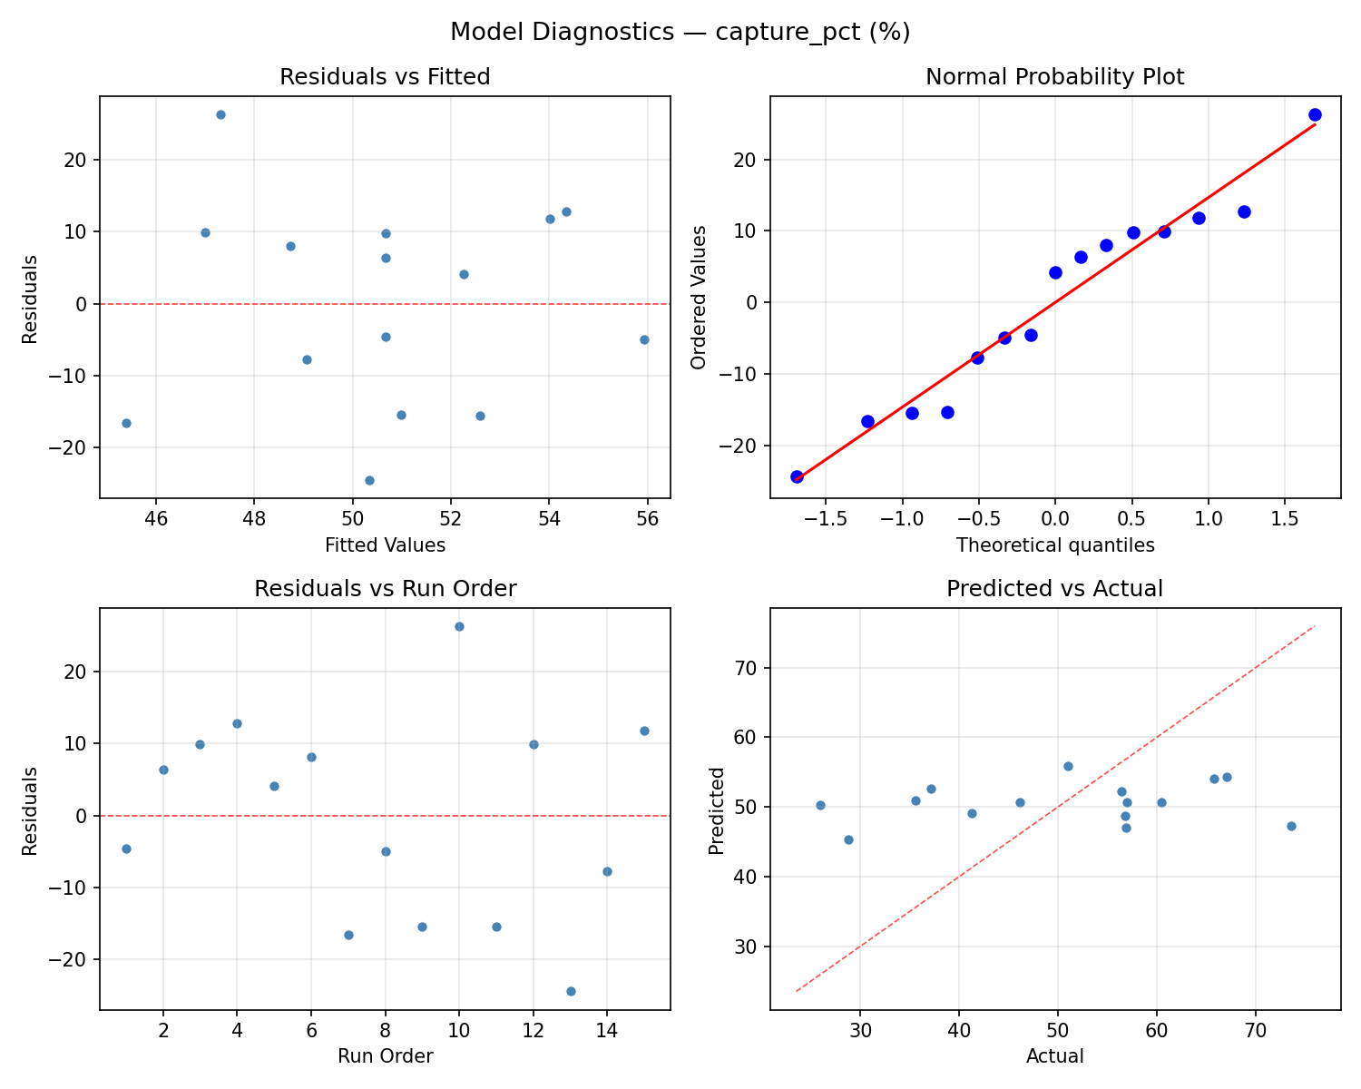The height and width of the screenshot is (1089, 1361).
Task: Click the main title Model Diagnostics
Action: [x=680, y=33]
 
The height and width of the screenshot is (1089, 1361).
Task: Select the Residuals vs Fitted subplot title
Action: [x=385, y=77]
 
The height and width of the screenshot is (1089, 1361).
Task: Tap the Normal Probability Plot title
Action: [x=1054, y=77]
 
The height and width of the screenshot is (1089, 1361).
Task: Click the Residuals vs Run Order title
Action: [x=385, y=589]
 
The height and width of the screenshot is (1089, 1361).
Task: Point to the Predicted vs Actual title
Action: [x=1054, y=589]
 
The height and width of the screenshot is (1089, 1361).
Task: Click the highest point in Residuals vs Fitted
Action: [x=220, y=114]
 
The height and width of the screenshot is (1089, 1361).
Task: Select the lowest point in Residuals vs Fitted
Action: [x=369, y=480]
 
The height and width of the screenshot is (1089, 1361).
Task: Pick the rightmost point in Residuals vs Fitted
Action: [x=644, y=339]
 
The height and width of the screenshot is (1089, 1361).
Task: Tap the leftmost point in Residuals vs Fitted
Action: [x=126, y=423]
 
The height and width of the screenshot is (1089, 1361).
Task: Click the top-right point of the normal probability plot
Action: [x=1315, y=114]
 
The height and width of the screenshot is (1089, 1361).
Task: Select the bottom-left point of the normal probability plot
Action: [x=797, y=476]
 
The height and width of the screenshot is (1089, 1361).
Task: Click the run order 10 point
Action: [x=459, y=626]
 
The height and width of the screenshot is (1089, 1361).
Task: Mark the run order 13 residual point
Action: [x=571, y=991]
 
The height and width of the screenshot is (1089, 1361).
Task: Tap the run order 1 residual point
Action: [x=126, y=849]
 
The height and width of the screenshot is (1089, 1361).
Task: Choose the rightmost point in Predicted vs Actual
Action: [x=1291, y=826]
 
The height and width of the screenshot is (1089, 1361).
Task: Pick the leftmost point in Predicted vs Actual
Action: [x=820, y=805]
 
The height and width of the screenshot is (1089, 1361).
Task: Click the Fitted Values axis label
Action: [x=385, y=545]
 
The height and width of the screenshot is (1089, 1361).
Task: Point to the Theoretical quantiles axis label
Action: [x=1054, y=545]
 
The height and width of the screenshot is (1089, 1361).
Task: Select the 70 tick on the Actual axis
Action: [x=1255, y=1031]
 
